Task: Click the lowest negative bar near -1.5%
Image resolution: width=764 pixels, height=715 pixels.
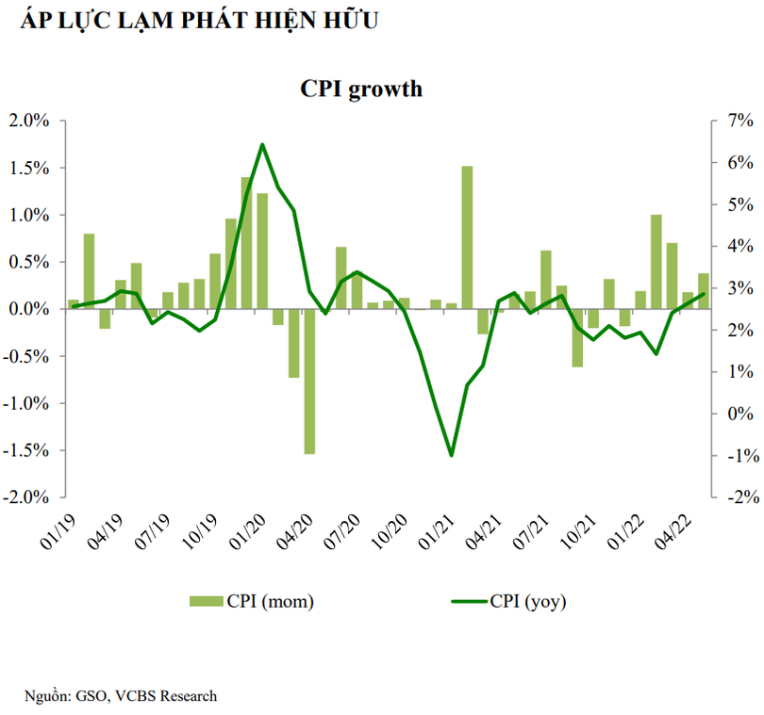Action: [309, 381]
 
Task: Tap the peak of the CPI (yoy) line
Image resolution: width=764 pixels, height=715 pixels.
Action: [262, 144]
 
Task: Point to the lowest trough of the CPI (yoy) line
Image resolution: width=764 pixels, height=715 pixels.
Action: [451, 455]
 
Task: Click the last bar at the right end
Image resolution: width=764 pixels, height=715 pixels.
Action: [703, 290]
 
